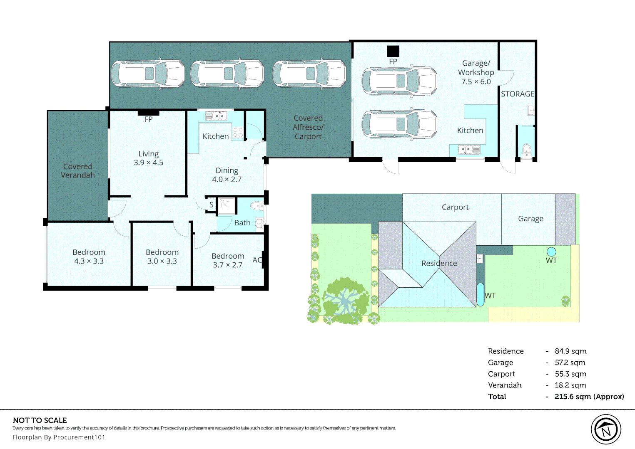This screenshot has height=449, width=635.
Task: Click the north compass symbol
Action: pyautogui.click(x=606, y=429)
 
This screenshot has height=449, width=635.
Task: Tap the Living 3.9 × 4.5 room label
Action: pyautogui.click(x=148, y=158)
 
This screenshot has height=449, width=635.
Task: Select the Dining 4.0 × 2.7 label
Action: pyautogui.click(x=227, y=175)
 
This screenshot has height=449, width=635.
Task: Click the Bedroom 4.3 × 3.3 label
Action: pyautogui.click(x=89, y=257)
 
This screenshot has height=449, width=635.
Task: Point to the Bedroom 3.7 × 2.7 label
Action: pyautogui.click(x=227, y=260)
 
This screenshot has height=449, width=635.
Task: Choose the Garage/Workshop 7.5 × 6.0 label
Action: pyautogui.click(x=476, y=72)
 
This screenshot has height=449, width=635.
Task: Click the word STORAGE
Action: pyautogui.click(x=517, y=94)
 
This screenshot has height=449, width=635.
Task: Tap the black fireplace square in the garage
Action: pyautogui.click(x=393, y=51)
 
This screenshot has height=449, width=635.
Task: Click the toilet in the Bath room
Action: pyautogui.click(x=257, y=205)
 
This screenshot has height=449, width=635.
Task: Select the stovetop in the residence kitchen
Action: pyautogui.click(x=238, y=133)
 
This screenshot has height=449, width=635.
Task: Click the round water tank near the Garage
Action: pyautogui.click(x=551, y=252)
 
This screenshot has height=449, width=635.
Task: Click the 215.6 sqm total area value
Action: pyautogui.click(x=589, y=397)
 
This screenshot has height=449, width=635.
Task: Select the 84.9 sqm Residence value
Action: pyautogui.click(x=570, y=351)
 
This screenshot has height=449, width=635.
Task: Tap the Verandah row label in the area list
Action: pyautogui.click(x=505, y=385)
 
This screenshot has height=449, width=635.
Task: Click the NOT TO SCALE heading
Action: pyautogui.click(x=40, y=420)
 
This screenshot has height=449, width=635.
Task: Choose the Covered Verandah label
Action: pyautogui.click(x=77, y=171)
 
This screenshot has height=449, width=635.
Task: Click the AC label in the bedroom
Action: pyautogui.click(x=257, y=260)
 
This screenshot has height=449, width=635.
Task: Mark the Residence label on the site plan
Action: pyautogui.click(x=439, y=263)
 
